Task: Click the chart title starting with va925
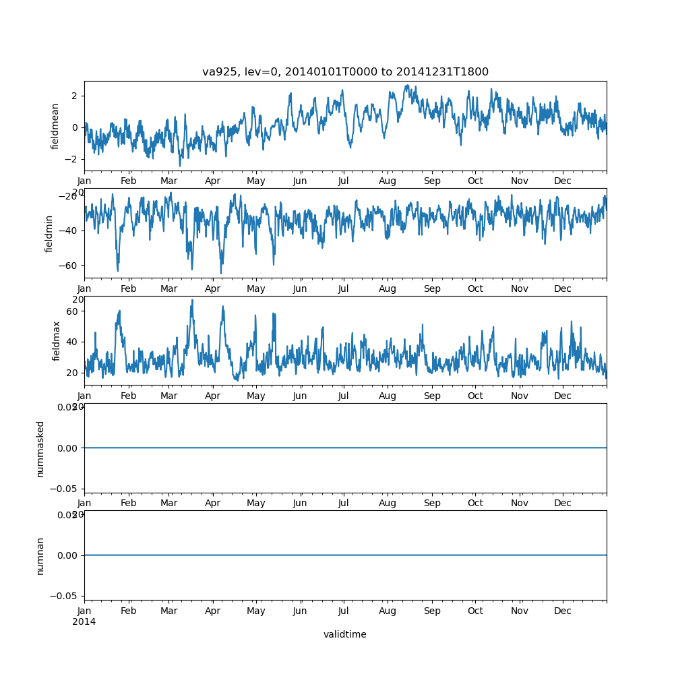(x=345, y=72)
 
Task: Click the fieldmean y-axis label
(x=55, y=126)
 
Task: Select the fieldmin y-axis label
(x=49, y=233)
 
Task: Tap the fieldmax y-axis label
(x=57, y=340)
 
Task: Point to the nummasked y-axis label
(x=40, y=448)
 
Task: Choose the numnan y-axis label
(x=40, y=555)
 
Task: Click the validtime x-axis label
(x=344, y=634)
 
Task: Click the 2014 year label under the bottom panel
(x=84, y=621)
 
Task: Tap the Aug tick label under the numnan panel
(x=388, y=611)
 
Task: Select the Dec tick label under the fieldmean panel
(x=563, y=181)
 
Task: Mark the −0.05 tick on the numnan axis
(x=63, y=596)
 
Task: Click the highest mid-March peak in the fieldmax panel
(x=192, y=301)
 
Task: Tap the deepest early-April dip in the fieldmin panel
(x=220, y=273)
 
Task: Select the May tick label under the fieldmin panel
(x=256, y=288)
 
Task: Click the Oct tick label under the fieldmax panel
(x=475, y=396)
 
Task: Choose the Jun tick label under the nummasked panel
(x=300, y=503)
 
